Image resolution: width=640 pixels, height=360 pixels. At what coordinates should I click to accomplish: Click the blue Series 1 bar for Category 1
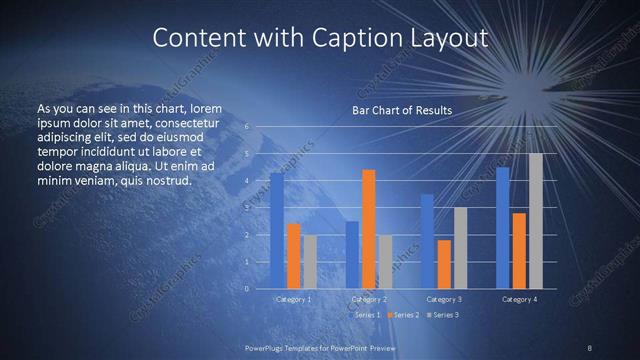point(277,231)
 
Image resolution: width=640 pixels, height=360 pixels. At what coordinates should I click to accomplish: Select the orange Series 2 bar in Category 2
point(369,229)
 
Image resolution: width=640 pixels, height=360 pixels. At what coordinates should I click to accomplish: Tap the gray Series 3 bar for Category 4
point(536,221)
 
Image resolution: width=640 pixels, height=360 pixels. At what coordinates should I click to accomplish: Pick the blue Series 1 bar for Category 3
point(427,241)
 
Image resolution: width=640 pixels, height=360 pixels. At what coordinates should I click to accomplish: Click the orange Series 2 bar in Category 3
point(444,264)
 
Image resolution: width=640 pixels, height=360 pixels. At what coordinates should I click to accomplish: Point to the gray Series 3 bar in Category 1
point(310,262)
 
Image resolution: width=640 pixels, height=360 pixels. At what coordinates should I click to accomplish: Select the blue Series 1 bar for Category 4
point(502,228)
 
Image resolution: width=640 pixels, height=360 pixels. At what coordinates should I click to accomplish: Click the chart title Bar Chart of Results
point(402,110)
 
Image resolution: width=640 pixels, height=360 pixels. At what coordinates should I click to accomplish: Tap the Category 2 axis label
point(369,299)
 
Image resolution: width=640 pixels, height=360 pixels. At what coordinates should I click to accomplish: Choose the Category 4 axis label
point(519,299)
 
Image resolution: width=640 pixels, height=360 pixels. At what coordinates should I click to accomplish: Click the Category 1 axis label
point(294,299)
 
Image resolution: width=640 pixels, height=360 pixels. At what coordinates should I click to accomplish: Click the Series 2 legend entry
point(404,315)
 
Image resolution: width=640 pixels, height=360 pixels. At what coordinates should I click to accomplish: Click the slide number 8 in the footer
point(589,347)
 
